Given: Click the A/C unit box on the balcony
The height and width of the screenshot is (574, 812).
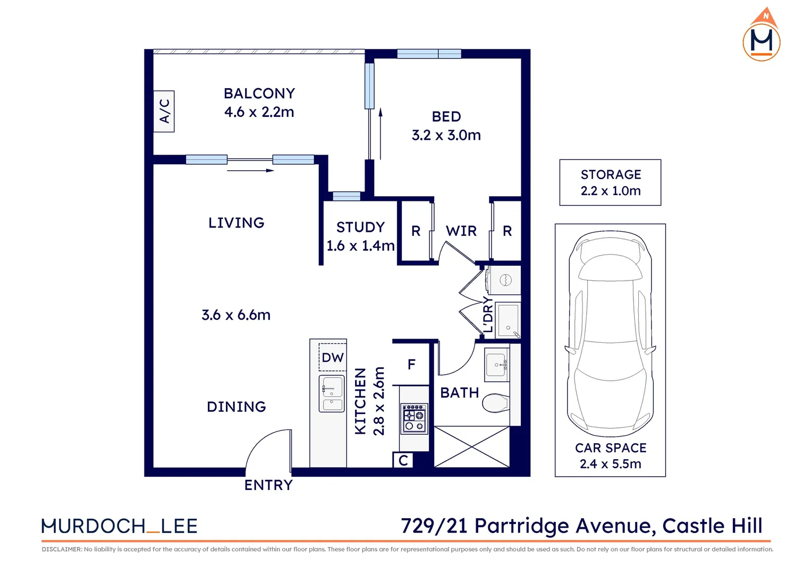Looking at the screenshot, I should (164, 111).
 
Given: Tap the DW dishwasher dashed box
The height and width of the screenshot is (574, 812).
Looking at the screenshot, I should (333, 358).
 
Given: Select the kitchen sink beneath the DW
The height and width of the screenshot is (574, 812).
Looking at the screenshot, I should (332, 393).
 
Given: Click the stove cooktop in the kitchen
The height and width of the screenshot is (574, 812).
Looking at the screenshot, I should (415, 419).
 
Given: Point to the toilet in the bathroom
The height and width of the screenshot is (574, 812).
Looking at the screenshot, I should (495, 403).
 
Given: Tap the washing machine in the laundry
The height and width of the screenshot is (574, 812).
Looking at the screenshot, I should (504, 280).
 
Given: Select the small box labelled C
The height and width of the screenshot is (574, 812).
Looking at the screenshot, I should (403, 460).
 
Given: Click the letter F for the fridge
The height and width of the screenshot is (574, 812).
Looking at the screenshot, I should (411, 365).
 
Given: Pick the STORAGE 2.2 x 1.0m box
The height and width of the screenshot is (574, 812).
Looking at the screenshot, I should (610, 182).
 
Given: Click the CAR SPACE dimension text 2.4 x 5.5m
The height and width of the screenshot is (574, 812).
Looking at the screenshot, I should (610, 464).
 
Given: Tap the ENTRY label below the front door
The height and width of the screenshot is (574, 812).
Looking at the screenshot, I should (268, 485).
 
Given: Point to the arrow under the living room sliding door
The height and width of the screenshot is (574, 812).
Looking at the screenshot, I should (250, 171).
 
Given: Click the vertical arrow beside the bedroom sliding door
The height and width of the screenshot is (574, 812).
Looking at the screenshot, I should (380, 134).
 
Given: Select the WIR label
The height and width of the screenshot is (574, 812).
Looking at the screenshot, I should (461, 231).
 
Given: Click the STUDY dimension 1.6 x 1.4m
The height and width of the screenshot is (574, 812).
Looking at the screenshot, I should (360, 246).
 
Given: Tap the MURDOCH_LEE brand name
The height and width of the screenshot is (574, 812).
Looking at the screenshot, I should (120, 526).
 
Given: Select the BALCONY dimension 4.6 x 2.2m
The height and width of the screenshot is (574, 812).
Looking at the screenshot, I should (259, 112).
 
